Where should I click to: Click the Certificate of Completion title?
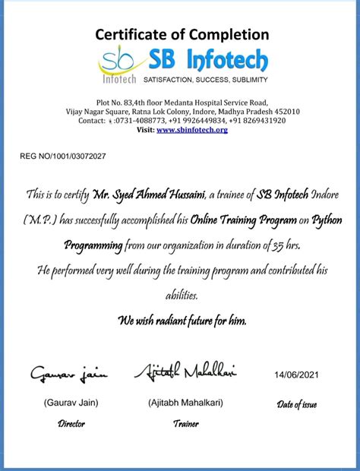coord(182,34)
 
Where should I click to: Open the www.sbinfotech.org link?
coord(192,130)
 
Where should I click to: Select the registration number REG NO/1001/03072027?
coord(63,156)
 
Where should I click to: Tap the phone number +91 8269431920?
coord(258,120)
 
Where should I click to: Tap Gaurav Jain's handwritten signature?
coord(69,373)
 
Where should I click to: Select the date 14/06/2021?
coord(297,375)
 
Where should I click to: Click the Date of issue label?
coord(297,404)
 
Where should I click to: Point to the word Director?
coord(71,424)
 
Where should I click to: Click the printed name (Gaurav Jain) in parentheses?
coord(71,403)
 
